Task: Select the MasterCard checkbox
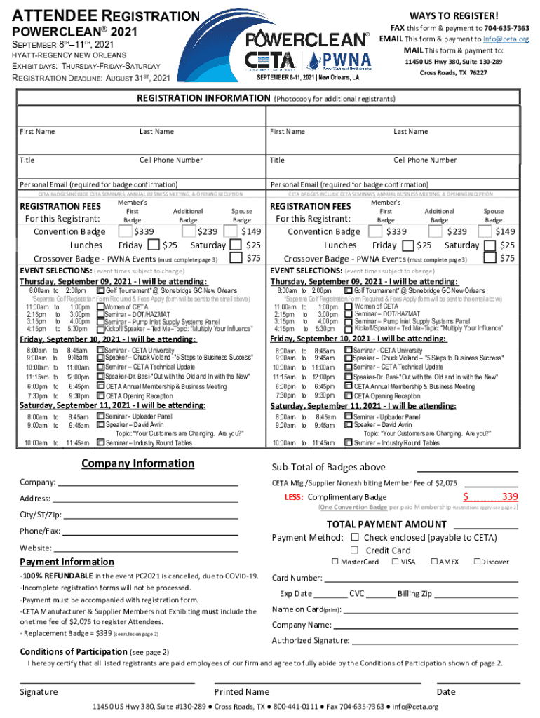335,562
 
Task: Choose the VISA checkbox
396,562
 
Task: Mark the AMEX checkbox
435,562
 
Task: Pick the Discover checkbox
477,562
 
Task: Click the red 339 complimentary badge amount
510,497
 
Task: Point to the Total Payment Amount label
386,524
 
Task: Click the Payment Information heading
67,562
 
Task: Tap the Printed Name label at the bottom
242,692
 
